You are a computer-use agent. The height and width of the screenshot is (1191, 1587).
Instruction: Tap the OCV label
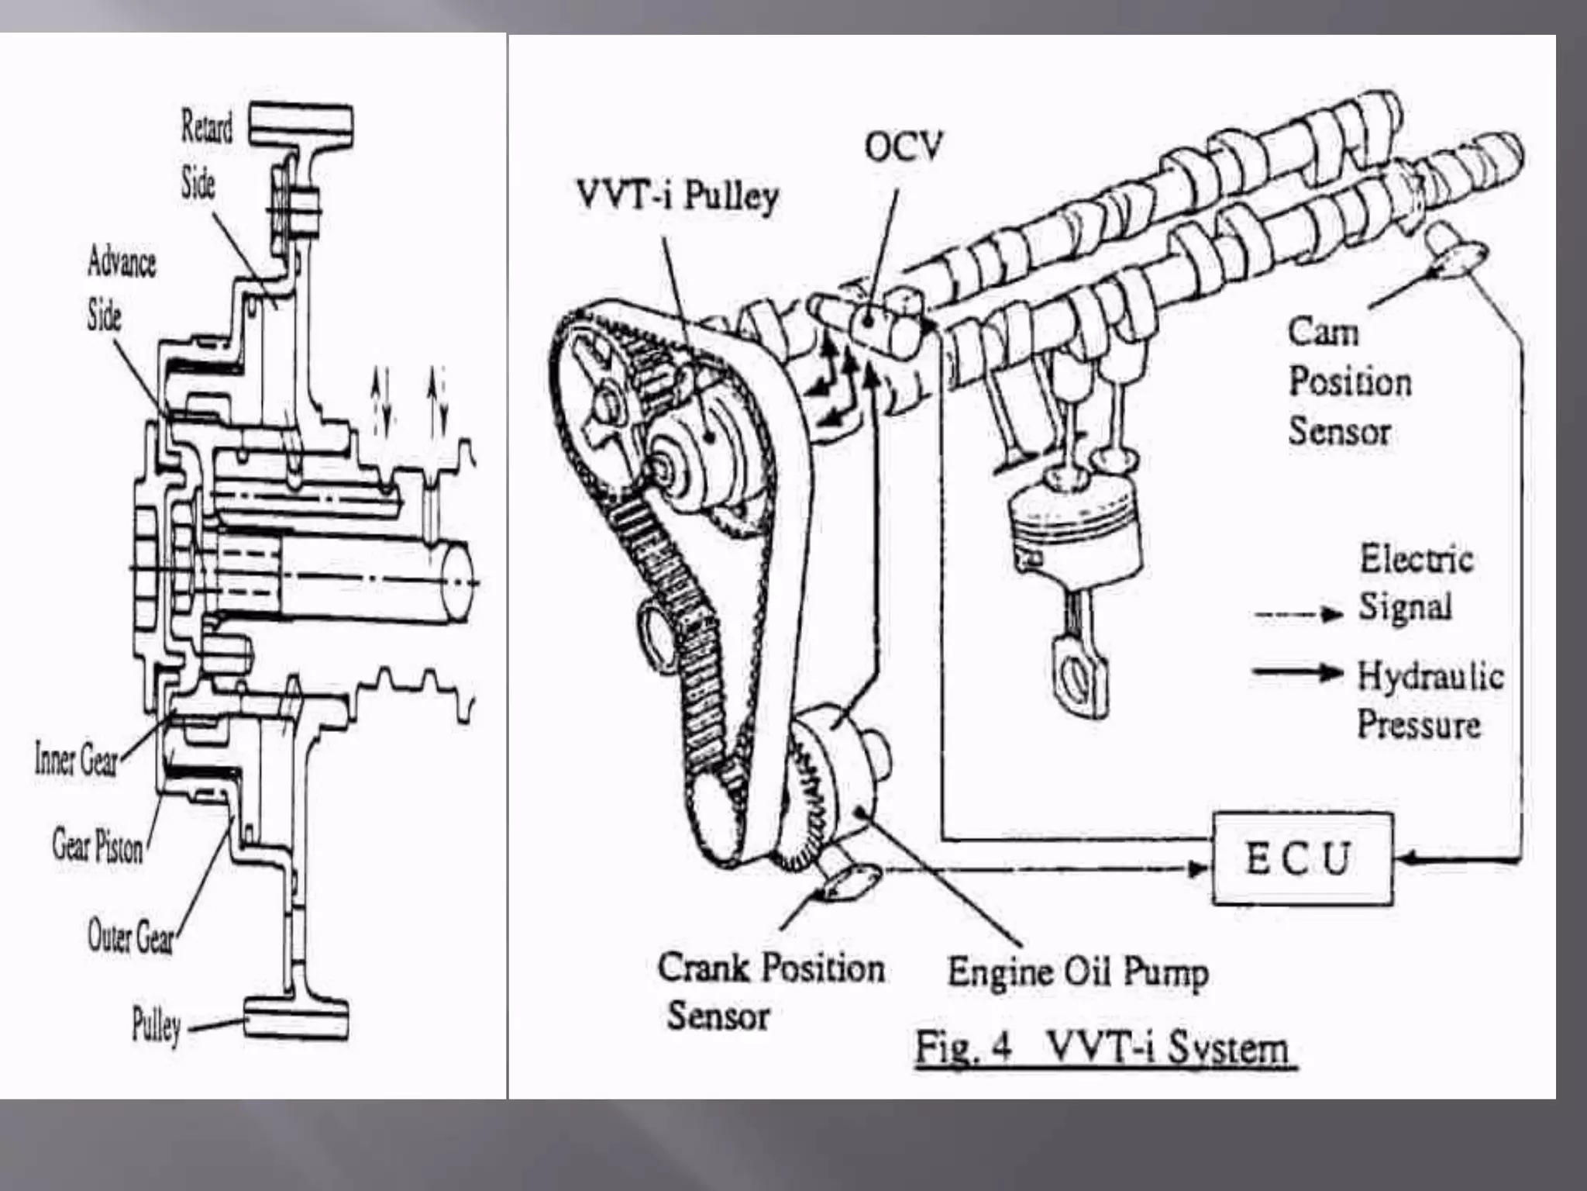tap(903, 147)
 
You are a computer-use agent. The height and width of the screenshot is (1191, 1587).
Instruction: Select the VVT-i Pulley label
tap(677, 195)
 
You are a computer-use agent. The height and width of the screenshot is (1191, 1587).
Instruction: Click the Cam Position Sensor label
tap(1349, 381)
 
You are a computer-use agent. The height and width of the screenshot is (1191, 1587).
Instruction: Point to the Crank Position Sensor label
tap(770, 991)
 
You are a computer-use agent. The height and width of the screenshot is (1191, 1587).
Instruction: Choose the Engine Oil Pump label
tap(1077, 972)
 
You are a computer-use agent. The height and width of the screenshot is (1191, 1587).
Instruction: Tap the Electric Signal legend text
tap(1415, 583)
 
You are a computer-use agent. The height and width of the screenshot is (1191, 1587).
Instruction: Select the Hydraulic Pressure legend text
tap(1430, 700)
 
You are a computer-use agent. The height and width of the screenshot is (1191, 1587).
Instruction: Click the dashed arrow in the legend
tap(1298, 615)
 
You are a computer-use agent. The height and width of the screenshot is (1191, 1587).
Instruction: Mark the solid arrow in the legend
tap(1297, 672)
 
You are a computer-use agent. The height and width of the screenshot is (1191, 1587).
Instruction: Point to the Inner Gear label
tap(76, 759)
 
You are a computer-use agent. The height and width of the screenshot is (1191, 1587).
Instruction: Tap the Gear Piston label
tap(98, 845)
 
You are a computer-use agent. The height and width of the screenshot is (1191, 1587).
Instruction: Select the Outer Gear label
tap(130, 937)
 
